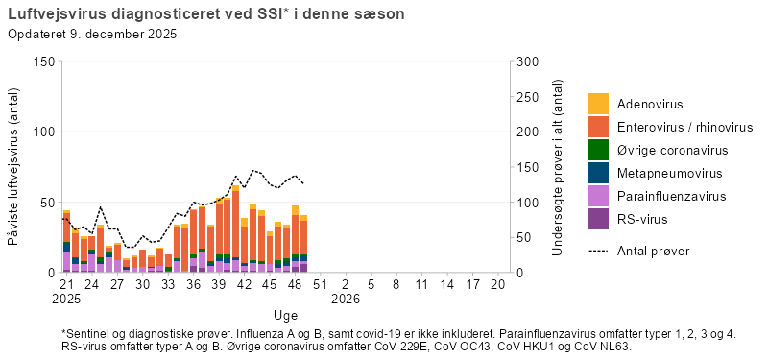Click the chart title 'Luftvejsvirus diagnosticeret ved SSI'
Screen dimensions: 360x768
point(144,14)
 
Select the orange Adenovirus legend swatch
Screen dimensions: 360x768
point(598,104)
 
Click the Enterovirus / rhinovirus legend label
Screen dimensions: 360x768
point(684,127)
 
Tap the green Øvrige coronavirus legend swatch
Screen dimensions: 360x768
point(598,150)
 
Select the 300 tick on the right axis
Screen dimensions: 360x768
point(526,61)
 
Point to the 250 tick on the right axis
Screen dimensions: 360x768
point(526,97)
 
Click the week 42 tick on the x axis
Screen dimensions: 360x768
point(244,285)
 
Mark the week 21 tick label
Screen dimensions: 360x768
point(66,285)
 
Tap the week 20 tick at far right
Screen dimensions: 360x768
point(496,285)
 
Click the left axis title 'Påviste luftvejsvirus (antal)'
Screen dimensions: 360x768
point(14,167)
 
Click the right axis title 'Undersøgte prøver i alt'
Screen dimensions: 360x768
point(558,167)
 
